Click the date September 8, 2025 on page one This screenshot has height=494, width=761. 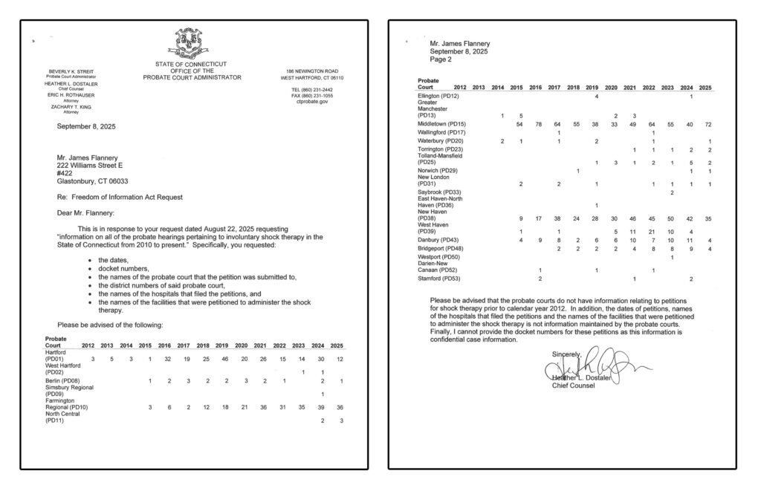(86, 126)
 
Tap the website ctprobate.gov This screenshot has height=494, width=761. (311, 102)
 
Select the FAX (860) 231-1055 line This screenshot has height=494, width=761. (311, 96)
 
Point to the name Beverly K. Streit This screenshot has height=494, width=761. (71, 71)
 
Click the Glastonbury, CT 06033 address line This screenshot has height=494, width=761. (92, 181)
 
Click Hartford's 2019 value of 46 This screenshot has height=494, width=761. (222, 360)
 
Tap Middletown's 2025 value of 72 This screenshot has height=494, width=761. (709, 124)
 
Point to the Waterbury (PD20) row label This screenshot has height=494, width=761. (441, 141)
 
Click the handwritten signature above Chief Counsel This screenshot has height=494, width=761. (595, 366)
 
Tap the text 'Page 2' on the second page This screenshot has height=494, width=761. (441, 60)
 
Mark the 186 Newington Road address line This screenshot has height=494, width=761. (311, 71)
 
